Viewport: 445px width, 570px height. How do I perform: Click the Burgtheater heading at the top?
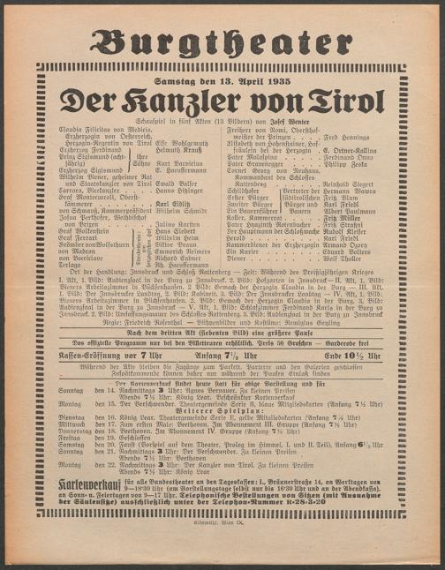point(222,41)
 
